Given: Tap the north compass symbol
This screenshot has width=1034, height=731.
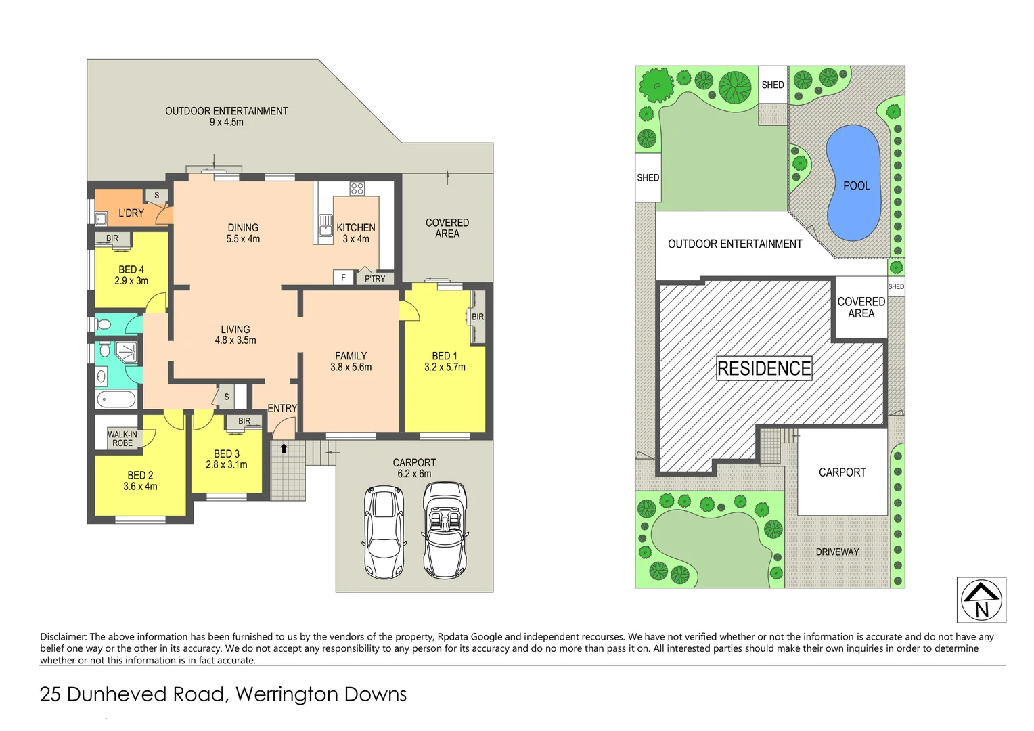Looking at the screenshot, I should click(x=981, y=600).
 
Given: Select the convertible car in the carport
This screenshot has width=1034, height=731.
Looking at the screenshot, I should click(x=445, y=530).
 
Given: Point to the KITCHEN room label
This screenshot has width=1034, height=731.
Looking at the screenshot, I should click(x=356, y=228).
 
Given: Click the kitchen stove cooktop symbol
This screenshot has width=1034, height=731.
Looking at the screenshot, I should click(x=357, y=189).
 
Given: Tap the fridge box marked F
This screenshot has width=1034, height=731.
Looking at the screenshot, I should click(x=343, y=278).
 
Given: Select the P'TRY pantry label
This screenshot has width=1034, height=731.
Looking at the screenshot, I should click(x=375, y=278).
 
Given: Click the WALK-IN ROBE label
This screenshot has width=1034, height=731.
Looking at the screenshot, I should click(x=122, y=439).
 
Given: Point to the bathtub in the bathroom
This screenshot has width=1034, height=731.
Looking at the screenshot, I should click(x=116, y=399).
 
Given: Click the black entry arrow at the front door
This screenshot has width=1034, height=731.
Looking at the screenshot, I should click(x=284, y=448).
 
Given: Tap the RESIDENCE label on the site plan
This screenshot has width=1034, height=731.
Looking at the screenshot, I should click(x=764, y=368).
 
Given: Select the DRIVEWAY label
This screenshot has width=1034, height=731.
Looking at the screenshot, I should click(x=837, y=552).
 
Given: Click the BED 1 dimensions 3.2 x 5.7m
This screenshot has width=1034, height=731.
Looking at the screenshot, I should click(x=445, y=367).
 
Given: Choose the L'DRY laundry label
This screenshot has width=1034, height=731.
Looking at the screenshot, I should click(x=131, y=213).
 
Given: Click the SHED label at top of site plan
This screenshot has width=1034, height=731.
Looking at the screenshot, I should click(x=773, y=85).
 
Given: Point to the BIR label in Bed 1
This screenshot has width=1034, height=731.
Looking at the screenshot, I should click(x=478, y=317).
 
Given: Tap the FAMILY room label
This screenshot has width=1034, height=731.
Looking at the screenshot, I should click(x=351, y=356).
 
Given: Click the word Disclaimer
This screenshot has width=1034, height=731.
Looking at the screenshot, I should click(x=63, y=636).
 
